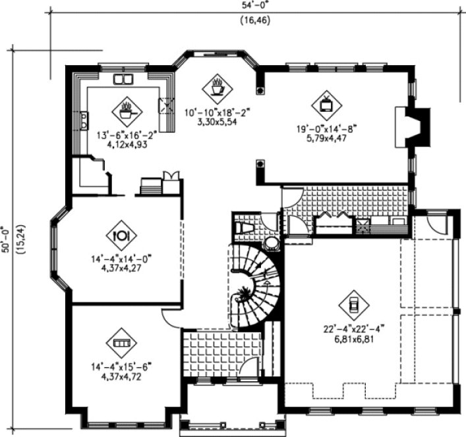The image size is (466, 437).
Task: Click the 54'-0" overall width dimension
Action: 254,5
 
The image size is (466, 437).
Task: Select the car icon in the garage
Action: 353,304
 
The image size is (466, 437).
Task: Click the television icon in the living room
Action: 326,103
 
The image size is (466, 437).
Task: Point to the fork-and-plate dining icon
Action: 121,235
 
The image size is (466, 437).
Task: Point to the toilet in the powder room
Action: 245,227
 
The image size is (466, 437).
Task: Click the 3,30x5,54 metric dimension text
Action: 217,122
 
